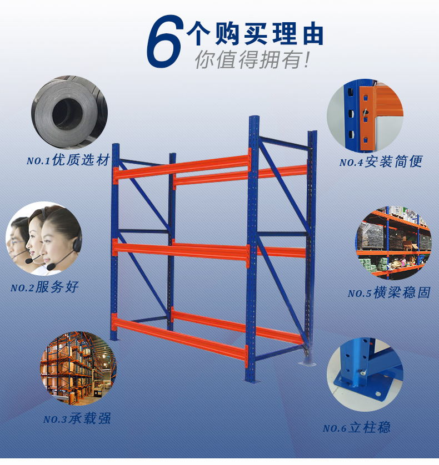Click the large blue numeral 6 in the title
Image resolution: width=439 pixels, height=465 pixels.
coord(164,41)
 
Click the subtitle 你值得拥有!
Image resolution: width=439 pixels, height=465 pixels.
coord(252,59)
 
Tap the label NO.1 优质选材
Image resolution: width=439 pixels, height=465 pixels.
coord(68,160)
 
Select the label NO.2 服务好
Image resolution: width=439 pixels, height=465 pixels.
coord(44,287)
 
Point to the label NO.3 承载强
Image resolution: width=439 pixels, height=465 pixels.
coord(77,418)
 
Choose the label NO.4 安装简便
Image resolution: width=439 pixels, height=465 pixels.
coord(381,161)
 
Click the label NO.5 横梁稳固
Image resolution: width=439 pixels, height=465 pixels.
coord(389,292)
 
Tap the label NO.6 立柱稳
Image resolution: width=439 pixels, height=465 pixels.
coord(357,428)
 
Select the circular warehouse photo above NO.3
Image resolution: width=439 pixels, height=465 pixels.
coord(78,368)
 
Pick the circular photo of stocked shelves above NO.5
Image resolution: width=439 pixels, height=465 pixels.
coord(394,243)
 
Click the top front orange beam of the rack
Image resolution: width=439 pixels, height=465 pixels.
coord(182,167)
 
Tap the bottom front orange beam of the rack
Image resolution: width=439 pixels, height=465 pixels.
coord(180,338)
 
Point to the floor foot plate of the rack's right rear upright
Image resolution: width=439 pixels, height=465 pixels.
coord(307,363)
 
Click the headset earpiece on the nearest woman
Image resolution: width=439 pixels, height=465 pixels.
coord(78,242)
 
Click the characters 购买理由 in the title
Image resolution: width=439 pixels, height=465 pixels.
coord(269,34)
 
